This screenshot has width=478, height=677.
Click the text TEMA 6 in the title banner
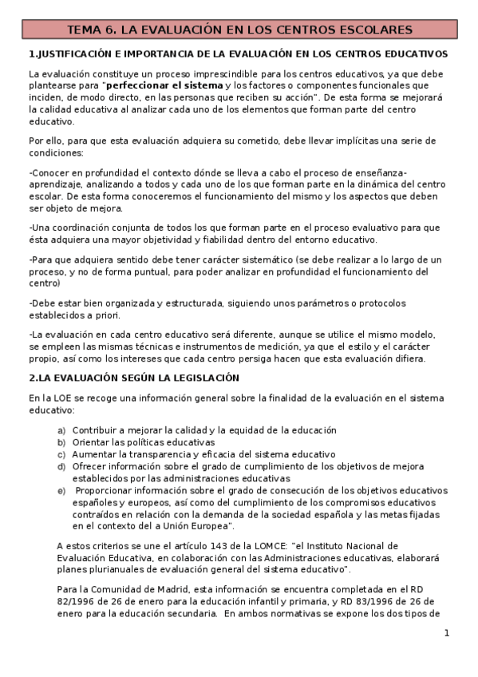click(x=90, y=30)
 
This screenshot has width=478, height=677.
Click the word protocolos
click(x=378, y=303)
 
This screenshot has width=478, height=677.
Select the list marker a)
click(x=61, y=430)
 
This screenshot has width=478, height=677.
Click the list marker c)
click(x=61, y=454)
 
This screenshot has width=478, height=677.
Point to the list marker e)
click(x=61, y=490)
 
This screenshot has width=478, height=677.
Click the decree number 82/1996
click(x=50, y=602)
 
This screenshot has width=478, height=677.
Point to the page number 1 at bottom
click(x=447, y=633)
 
